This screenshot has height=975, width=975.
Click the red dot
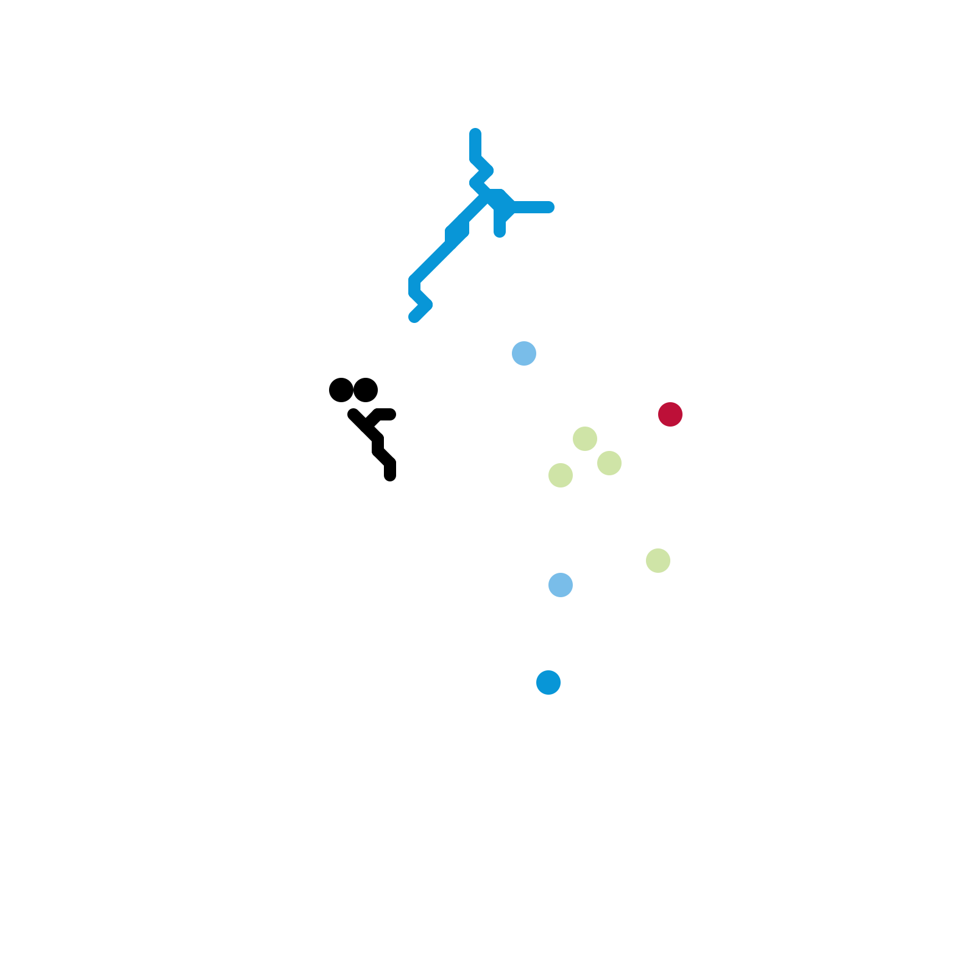[670, 414]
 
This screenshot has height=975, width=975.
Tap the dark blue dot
[548, 682]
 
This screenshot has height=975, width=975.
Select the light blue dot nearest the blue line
[524, 353]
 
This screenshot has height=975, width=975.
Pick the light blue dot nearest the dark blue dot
[561, 585]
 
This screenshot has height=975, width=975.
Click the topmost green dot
[585, 439]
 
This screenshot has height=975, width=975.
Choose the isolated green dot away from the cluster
[658, 561]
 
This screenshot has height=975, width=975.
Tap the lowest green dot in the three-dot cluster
[561, 475]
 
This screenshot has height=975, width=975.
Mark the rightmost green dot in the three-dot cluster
[609, 463]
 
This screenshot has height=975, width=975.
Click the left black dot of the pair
[341, 390]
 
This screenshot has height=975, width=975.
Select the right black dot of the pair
[366, 390]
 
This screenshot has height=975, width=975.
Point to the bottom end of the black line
[390, 476]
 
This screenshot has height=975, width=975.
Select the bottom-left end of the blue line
[414, 317]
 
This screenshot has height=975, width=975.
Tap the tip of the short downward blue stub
[500, 232]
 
